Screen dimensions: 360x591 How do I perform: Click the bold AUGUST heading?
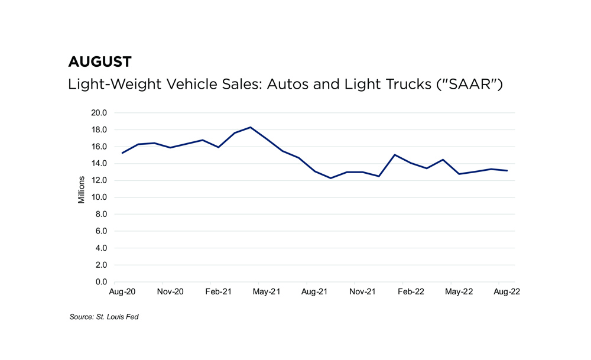click(x=100, y=61)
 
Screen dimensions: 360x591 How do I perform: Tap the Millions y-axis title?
click(x=82, y=189)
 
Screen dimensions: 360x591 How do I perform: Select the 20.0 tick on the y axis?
click(x=99, y=113)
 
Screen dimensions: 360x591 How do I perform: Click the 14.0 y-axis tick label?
click(x=99, y=164)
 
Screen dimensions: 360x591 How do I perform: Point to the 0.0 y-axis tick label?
click(x=101, y=282)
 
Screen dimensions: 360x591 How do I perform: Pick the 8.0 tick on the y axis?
click(x=101, y=215)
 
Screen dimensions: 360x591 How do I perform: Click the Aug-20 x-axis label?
click(x=122, y=292)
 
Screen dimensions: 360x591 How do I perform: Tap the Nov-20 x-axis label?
click(x=170, y=292)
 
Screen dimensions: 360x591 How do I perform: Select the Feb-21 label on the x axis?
click(x=218, y=292)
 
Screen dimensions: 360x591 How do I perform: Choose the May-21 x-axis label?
click(x=267, y=292)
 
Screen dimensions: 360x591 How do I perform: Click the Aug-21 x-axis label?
click(x=314, y=292)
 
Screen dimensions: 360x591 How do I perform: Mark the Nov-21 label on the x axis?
click(x=362, y=292)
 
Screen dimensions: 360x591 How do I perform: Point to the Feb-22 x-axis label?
click(x=411, y=292)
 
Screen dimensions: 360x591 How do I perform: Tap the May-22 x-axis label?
click(x=459, y=292)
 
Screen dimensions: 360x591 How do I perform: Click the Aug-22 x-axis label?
click(x=506, y=292)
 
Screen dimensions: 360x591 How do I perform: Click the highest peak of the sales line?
click(x=251, y=127)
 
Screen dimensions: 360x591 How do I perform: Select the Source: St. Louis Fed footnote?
click(x=104, y=317)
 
